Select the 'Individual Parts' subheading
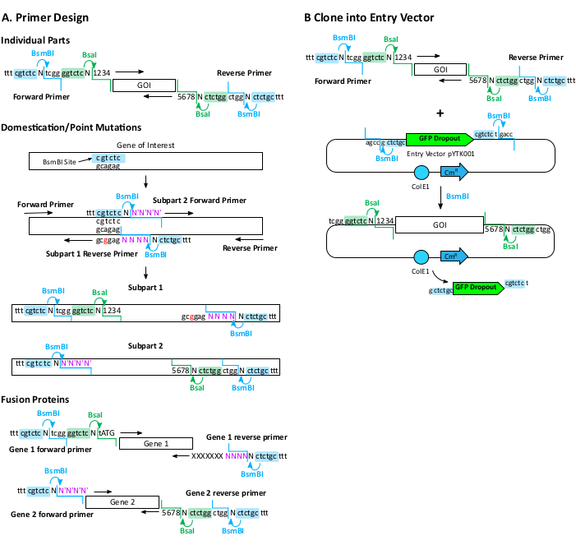click(x=35, y=40)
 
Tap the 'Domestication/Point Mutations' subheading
click(x=72, y=127)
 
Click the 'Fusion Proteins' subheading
click(x=35, y=400)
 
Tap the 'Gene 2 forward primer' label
click(x=51, y=515)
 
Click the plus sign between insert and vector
click(x=440, y=113)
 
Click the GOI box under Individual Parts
click(x=144, y=85)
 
